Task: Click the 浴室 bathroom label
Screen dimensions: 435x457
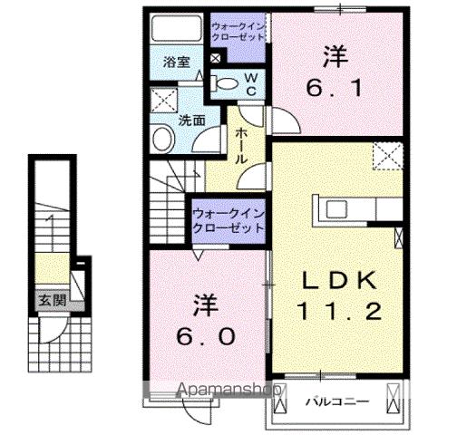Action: pyautogui.click(x=177, y=63)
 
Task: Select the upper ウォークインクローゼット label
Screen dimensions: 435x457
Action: pyautogui.click(x=238, y=33)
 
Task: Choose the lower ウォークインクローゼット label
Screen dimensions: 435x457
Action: pyautogui.click(x=228, y=221)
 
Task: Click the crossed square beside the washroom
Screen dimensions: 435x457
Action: pyautogui.click(x=163, y=98)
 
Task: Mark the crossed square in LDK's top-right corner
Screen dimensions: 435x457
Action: pyautogui.click(x=389, y=159)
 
